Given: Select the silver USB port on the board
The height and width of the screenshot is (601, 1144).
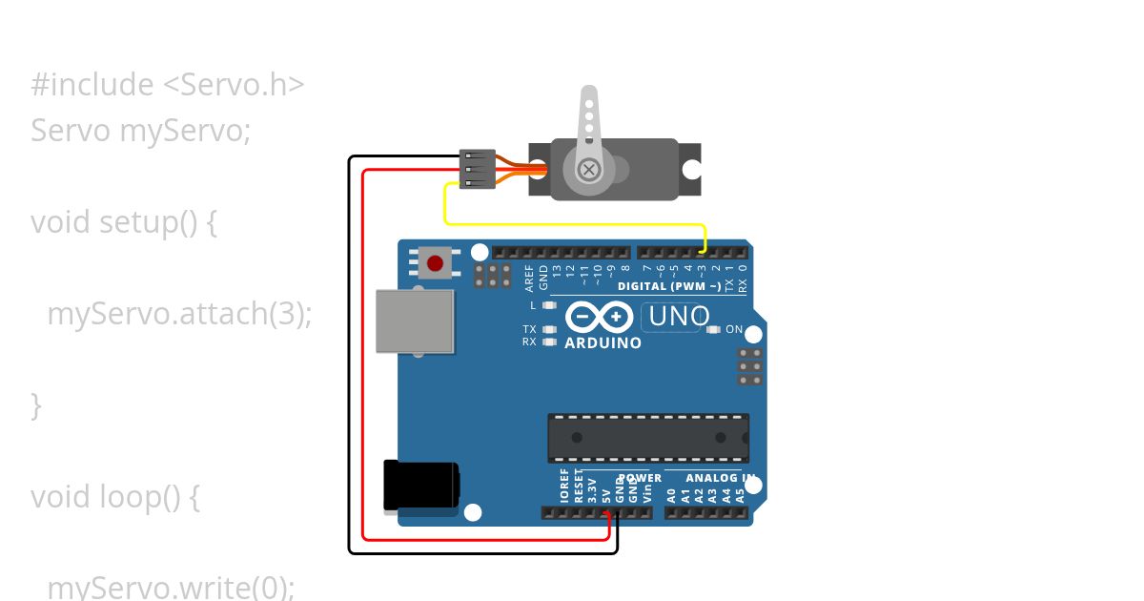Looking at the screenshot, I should tap(415, 321).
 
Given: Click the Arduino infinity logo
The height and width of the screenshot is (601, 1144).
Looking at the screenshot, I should tap(599, 316).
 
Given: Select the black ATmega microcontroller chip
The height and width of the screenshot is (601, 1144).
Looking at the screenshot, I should tap(648, 438).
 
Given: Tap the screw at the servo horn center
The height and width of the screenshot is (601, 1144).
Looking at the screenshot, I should tap(590, 170).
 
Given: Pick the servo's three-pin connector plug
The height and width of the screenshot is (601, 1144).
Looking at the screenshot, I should tap(477, 169).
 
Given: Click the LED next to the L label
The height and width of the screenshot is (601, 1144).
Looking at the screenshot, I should tap(548, 305).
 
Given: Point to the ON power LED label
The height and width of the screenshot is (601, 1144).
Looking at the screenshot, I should tap(734, 329).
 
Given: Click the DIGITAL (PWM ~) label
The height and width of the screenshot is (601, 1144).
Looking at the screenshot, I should tap(668, 286).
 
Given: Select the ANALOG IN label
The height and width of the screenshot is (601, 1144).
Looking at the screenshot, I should tap(720, 478).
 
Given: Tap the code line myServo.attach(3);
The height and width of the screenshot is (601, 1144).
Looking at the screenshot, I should tap(179, 313).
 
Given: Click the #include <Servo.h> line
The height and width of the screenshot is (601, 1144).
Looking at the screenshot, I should tap(168, 85).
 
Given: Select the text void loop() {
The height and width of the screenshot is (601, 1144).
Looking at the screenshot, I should tap(115, 497).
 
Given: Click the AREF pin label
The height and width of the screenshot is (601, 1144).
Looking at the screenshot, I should tap(530, 277).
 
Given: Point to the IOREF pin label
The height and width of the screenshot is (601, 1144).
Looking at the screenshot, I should tap(564, 486).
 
